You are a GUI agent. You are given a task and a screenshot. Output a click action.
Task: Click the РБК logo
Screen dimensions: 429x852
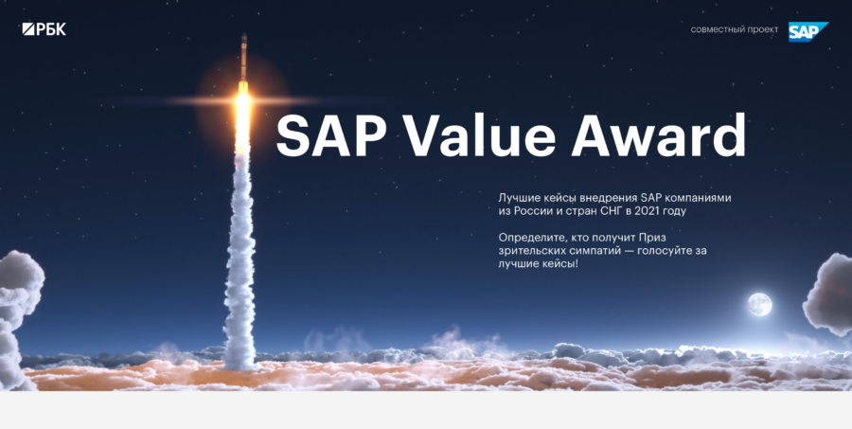point(44,29)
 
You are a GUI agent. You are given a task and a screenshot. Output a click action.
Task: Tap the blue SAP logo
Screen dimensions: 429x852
point(808,31)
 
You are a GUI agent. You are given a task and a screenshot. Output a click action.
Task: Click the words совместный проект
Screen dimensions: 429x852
point(734,30)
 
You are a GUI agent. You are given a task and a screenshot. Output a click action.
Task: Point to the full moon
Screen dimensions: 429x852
point(758,304)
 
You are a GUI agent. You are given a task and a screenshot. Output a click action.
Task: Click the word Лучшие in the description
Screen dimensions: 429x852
point(519,197)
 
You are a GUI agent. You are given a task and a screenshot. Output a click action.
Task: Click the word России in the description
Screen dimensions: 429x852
point(535,211)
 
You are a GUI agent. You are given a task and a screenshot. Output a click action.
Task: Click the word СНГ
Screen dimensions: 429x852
point(609,211)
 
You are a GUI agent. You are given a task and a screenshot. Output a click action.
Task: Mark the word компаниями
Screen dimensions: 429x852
point(694,197)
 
